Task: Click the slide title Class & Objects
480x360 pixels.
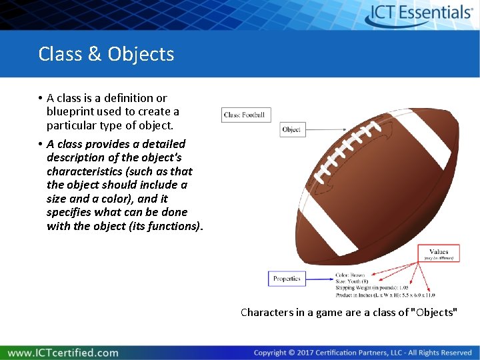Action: tap(106, 54)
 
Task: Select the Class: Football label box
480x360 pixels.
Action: tap(244, 115)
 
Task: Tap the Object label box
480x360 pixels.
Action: tap(292, 129)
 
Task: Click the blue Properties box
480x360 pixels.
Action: tap(287, 279)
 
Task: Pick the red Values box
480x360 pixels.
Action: tap(439, 254)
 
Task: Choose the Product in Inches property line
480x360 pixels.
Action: tap(385, 295)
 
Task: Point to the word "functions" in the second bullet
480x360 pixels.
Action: tap(175, 226)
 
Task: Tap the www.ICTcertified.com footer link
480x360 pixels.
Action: tap(63, 352)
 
